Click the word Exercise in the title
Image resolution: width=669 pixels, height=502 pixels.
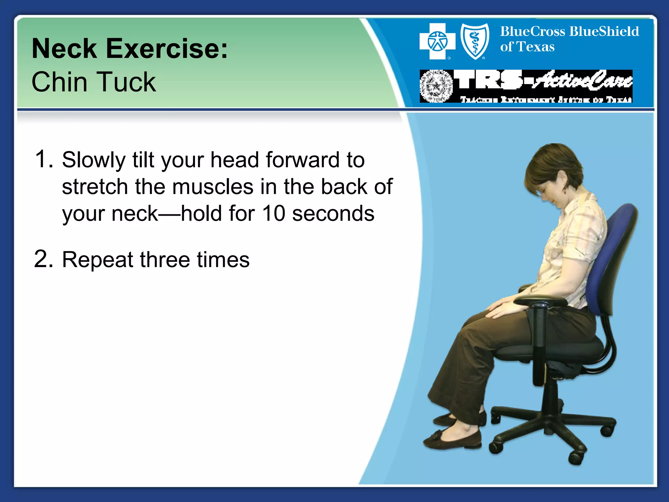167,49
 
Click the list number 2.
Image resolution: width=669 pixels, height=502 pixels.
43,259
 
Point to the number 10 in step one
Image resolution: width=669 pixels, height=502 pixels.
274,213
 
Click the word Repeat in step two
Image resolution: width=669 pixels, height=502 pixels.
97,260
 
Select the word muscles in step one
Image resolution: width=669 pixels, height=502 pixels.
212,187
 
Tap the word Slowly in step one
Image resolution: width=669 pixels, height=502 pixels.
94,160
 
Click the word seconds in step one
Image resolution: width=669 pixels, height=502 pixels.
333,213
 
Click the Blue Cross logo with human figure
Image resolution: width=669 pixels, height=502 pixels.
437,42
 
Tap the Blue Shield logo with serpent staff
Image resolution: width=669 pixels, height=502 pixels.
475,42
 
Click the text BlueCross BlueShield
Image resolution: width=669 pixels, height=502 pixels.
569,32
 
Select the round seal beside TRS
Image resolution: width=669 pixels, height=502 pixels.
436,86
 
